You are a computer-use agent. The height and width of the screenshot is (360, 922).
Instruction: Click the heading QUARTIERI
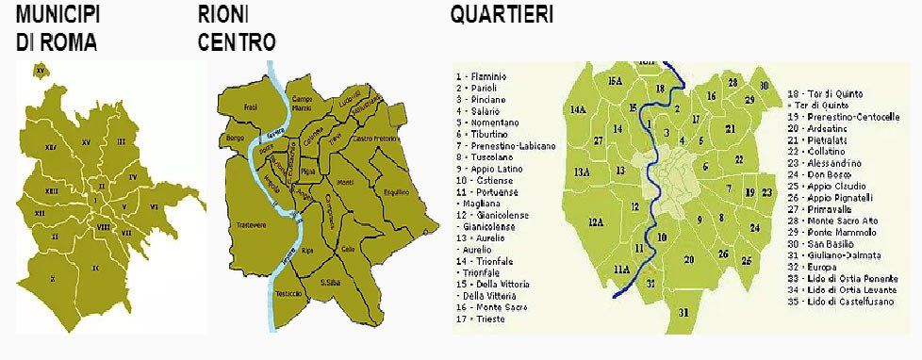[x=502, y=15]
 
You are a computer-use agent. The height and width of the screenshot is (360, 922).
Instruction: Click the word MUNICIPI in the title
[x=58, y=15]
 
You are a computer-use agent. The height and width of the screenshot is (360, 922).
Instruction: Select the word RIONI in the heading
[x=223, y=15]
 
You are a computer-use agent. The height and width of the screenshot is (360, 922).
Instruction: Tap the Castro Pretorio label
[x=372, y=139]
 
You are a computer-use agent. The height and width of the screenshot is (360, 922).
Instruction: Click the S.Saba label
[x=329, y=282]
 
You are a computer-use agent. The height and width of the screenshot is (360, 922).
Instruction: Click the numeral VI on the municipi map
[x=154, y=204]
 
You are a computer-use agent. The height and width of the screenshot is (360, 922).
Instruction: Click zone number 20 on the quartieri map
[x=689, y=258]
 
